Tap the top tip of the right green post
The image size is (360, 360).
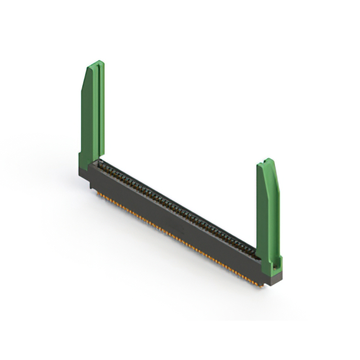[269, 160]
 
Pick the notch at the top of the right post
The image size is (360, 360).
[264, 164]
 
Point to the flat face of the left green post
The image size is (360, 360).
[90, 118]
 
